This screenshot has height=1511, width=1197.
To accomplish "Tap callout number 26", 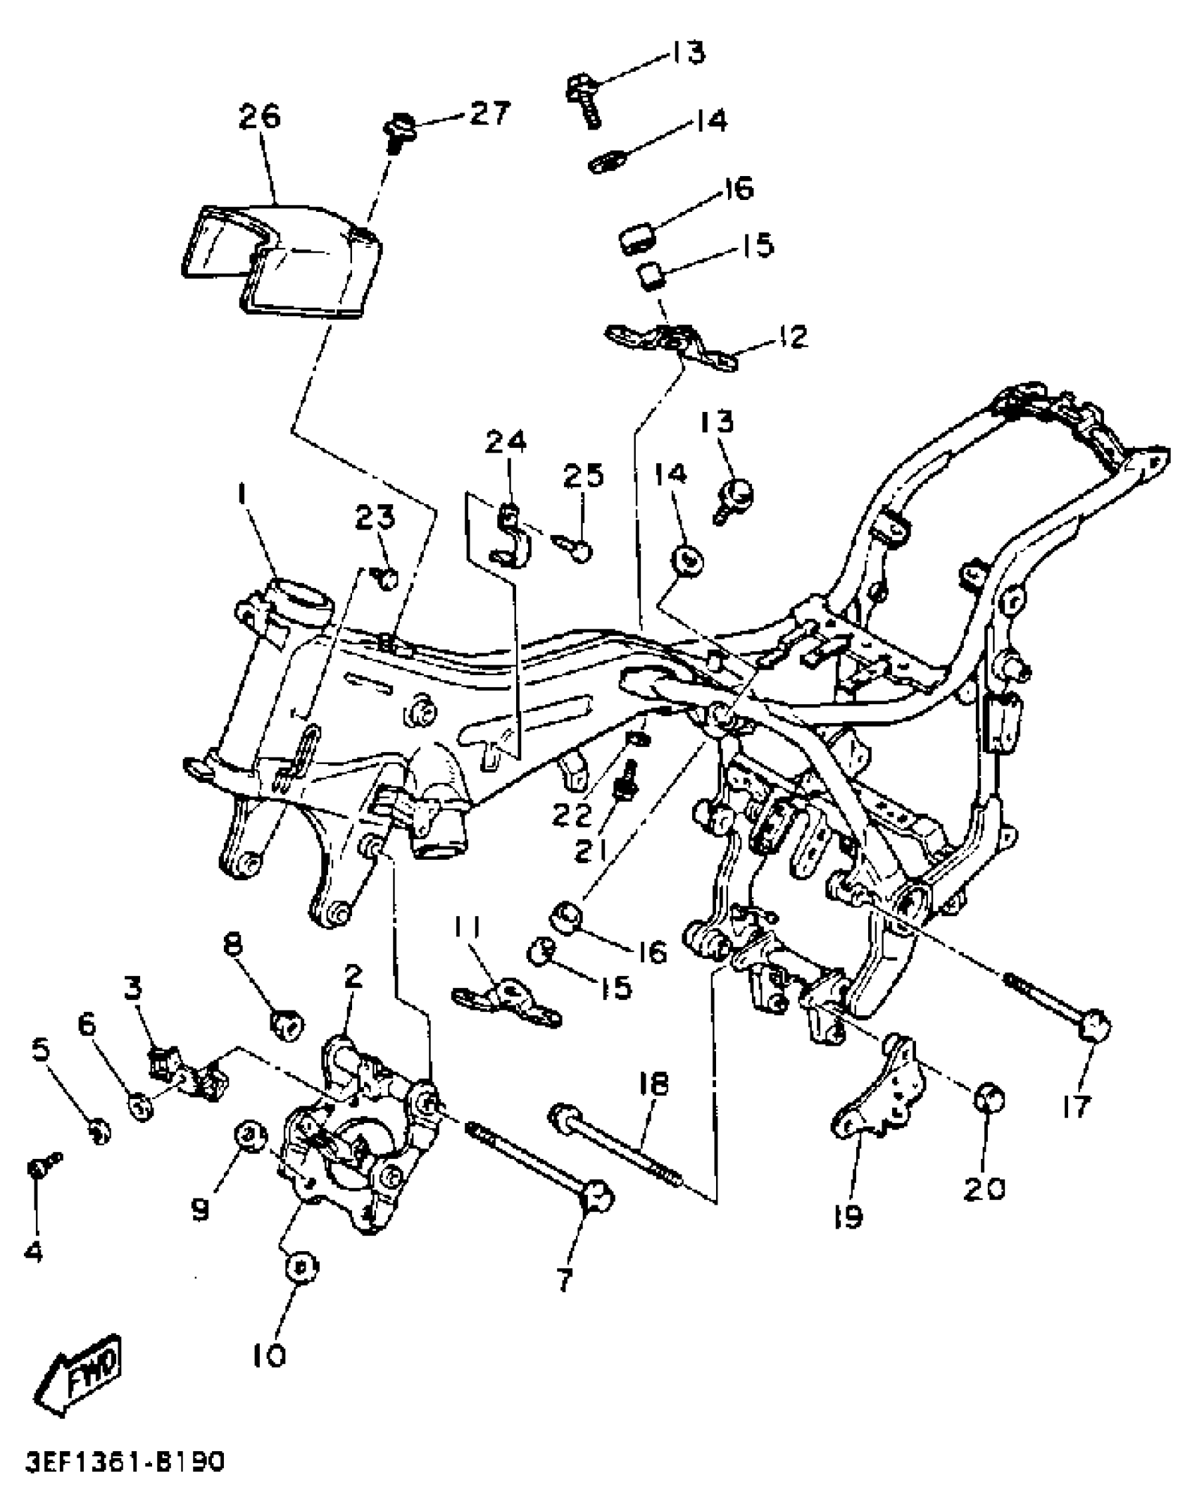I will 259,116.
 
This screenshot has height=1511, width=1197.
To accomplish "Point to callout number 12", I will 794,337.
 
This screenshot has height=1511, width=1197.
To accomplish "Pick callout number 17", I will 1076,1105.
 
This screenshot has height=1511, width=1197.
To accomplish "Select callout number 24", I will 506,442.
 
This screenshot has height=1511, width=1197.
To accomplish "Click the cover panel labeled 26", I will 282,261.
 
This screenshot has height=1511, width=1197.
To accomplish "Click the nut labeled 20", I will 988,1098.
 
